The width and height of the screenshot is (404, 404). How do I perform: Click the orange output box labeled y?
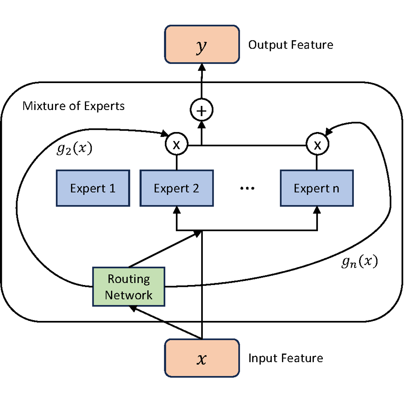[202, 44]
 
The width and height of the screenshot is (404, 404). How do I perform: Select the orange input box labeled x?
[202, 358]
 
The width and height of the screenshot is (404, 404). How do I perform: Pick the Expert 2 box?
[176, 188]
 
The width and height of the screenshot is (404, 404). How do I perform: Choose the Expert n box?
[316, 188]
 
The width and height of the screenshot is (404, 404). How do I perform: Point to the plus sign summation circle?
[202, 110]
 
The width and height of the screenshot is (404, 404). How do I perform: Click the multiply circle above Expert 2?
[176, 145]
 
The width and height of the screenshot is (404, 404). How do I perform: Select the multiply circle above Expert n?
[317, 145]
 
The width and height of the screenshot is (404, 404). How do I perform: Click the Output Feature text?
[291, 45]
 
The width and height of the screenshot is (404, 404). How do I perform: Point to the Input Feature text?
[286, 358]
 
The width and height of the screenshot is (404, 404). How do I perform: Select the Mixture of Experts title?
[73, 106]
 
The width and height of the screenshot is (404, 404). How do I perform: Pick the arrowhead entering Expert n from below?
[317, 210]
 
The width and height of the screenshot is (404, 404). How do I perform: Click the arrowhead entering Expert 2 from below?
[176, 210]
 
